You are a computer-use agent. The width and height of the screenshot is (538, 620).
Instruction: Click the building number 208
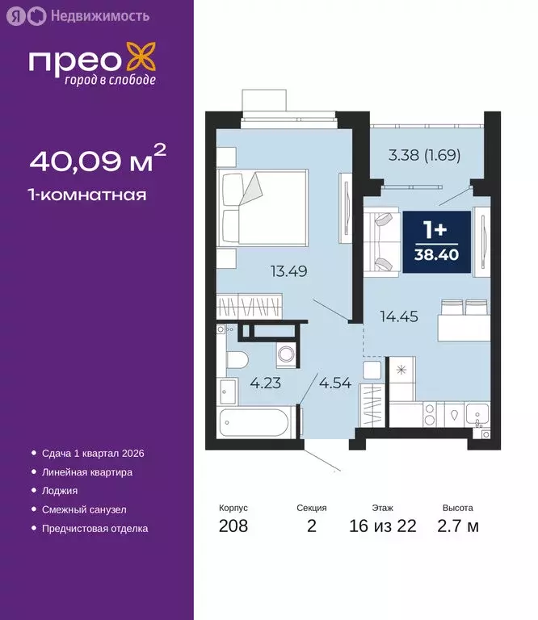click(x=233, y=527)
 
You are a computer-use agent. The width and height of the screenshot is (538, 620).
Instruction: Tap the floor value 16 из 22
click(x=384, y=527)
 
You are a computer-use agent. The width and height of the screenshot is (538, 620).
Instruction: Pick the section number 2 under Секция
click(x=312, y=527)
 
